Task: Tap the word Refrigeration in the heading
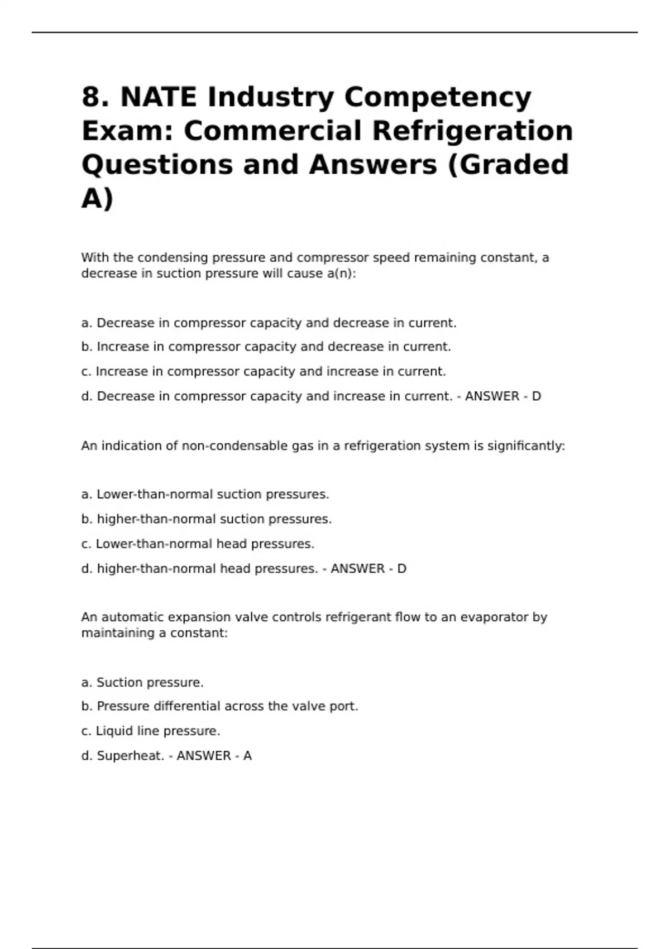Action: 472,131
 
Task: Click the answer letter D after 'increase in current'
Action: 536,396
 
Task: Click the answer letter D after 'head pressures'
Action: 401,569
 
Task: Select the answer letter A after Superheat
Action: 247,756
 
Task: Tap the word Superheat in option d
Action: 131,756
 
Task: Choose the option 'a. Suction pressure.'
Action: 142,683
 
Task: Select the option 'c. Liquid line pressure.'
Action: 151,731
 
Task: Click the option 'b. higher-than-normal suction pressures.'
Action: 207,519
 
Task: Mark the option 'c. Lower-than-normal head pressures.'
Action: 198,544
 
